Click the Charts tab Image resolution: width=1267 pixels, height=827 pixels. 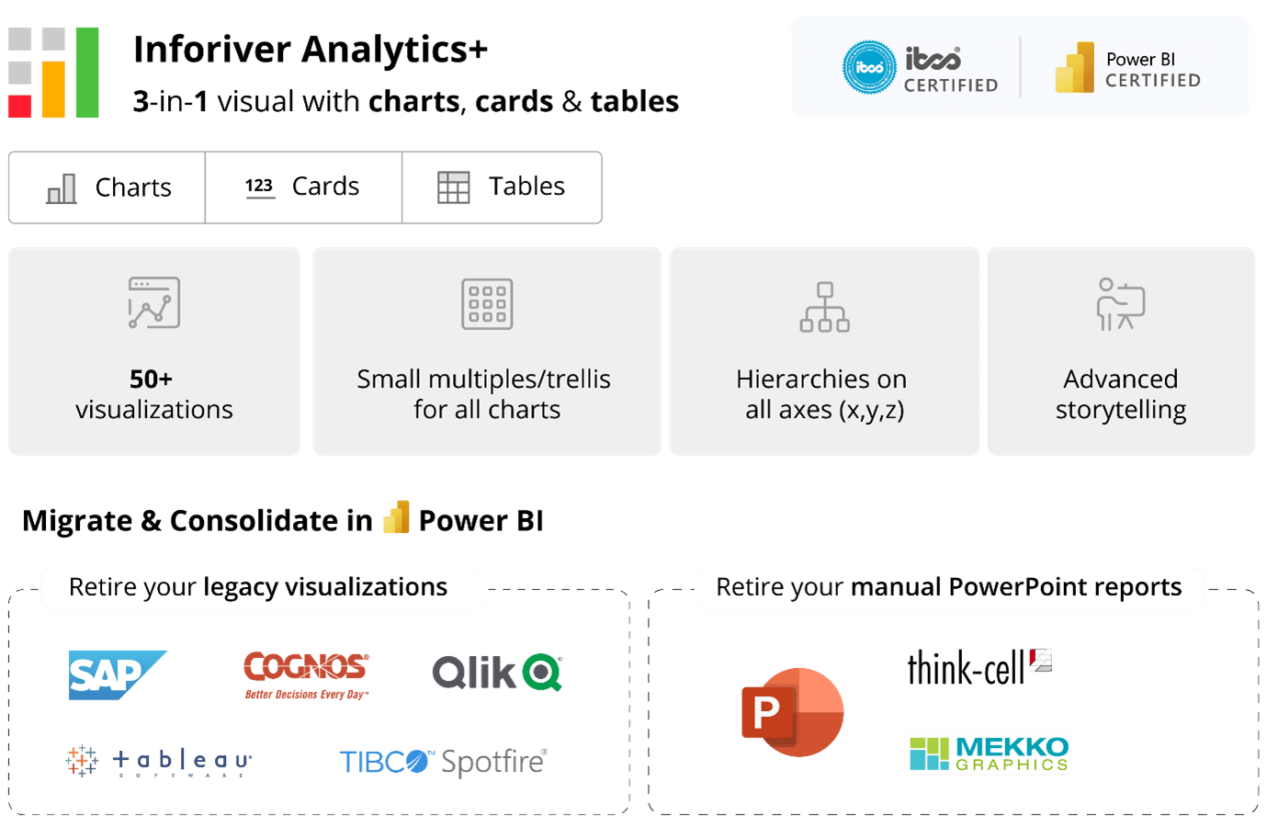tap(108, 187)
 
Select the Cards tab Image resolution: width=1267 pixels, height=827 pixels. tap(303, 187)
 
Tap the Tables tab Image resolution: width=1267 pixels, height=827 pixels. tap(502, 187)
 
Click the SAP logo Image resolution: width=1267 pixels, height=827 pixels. tap(115, 675)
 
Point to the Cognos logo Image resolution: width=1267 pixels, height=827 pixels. tap(307, 674)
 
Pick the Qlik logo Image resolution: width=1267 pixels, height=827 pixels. tap(497, 673)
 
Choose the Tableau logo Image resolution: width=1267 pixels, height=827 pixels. tap(159, 761)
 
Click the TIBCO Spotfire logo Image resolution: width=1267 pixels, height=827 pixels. tap(444, 762)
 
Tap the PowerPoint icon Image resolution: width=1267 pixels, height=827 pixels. tap(792, 712)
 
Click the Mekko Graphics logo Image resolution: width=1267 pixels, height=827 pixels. tap(989, 753)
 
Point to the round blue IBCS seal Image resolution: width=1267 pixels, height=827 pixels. tap(869, 67)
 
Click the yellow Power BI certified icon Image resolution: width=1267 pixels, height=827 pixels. tap(1075, 68)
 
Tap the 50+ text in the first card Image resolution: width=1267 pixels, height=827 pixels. tap(151, 380)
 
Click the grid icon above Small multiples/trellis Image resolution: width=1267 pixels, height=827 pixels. tap(487, 304)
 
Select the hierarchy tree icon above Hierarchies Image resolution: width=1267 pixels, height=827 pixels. tap(824, 307)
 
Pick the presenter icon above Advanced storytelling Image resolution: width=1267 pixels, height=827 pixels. tap(1121, 304)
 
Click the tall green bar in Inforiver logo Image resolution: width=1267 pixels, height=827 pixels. tap(87, 73)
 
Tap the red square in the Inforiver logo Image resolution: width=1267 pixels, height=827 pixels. tap(20, 106)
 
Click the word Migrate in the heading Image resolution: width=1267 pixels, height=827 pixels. tap(77, 521)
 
